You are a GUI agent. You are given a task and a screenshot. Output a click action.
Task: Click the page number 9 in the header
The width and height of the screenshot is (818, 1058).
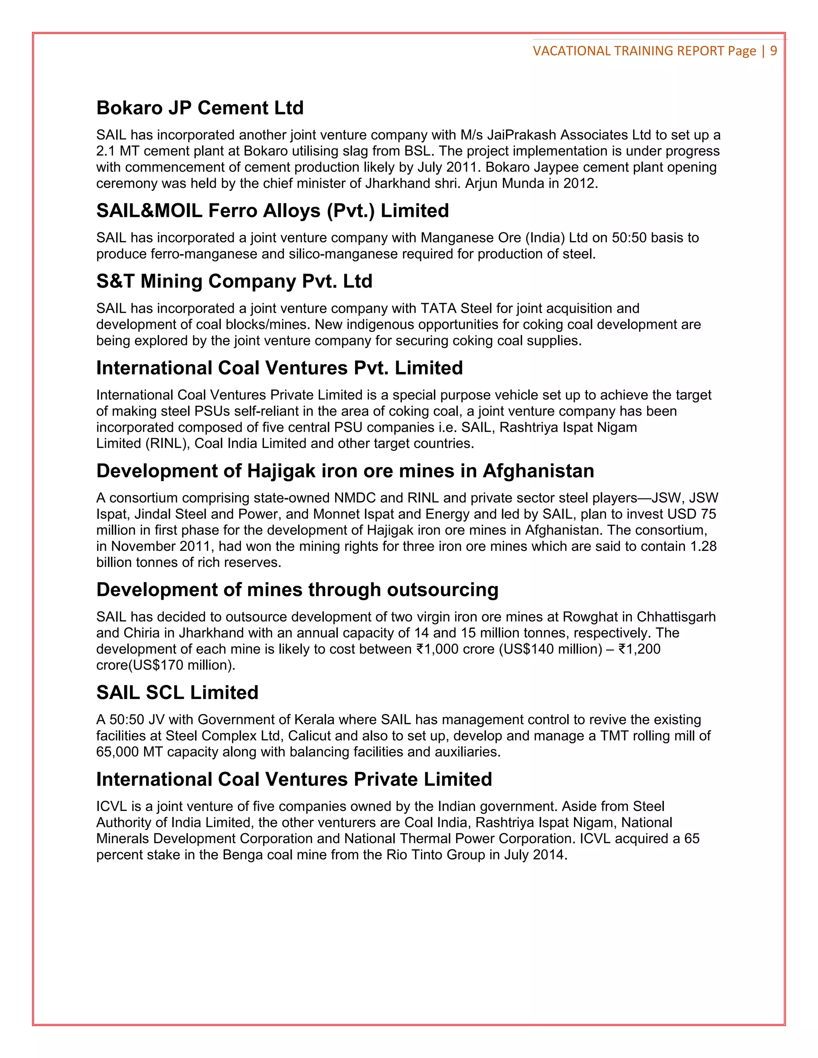(x=773, y=51)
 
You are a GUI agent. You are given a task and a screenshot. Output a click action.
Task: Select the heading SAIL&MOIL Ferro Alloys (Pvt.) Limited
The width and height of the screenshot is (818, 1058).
(x=272, y=211)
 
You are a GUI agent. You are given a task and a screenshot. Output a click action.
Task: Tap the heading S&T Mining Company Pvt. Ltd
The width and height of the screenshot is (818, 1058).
(x=234, y=281)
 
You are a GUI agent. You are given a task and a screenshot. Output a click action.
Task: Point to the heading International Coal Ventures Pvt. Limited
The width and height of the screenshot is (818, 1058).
(x=279, y=368)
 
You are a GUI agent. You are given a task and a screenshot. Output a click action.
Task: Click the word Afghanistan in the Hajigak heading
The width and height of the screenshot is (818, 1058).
(x=538, y=471)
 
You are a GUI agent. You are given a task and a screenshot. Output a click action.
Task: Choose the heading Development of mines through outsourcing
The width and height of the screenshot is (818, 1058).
(x=297, y=590)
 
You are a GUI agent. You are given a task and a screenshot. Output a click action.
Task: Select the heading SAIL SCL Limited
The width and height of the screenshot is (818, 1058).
(x=177, y=692)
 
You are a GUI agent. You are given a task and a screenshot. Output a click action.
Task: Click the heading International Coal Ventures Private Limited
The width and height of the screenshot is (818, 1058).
(x=294, y=779)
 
